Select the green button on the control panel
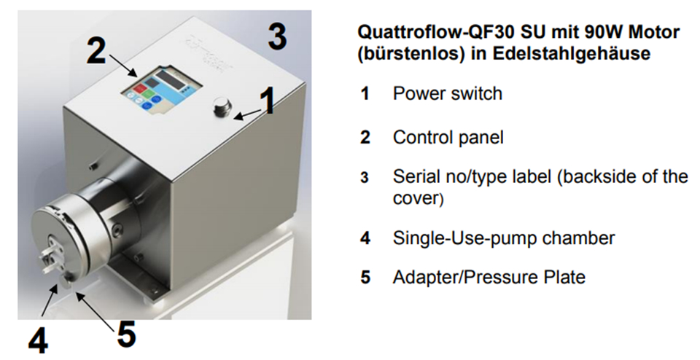coord(150,94)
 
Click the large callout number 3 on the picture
coord(277,36)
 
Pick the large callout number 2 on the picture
coord(96,50)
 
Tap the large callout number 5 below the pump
coord(126,334)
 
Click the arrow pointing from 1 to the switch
coord(247,114)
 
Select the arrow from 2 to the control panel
coord(122,65)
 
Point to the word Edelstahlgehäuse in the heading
coord(572,53)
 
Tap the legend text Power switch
coord(447,93)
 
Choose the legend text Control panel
coord(448,137)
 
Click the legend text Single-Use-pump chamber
coord(504,238)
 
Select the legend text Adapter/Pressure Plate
coord(489,277)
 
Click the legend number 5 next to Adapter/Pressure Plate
coord(365,278)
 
